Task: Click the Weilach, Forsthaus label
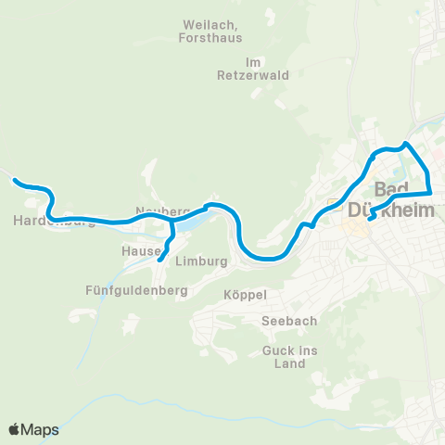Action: pos(210,32)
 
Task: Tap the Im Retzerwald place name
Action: pos(240,68)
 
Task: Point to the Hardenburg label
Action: pos(55,221)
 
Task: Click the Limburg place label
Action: pos(201,261)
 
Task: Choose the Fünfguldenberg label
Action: pos(136,290)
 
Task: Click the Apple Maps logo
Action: pos(33,429)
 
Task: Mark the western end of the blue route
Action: pos(14,181)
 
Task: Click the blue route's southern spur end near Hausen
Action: pos(159,261)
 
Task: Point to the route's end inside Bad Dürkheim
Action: pos(370,220)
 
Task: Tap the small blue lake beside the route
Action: pos(190,223)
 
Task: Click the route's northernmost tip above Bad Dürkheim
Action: pos(406,144)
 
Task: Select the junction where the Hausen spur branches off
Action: pos(172,222)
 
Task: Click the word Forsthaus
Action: pos(210,39)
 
